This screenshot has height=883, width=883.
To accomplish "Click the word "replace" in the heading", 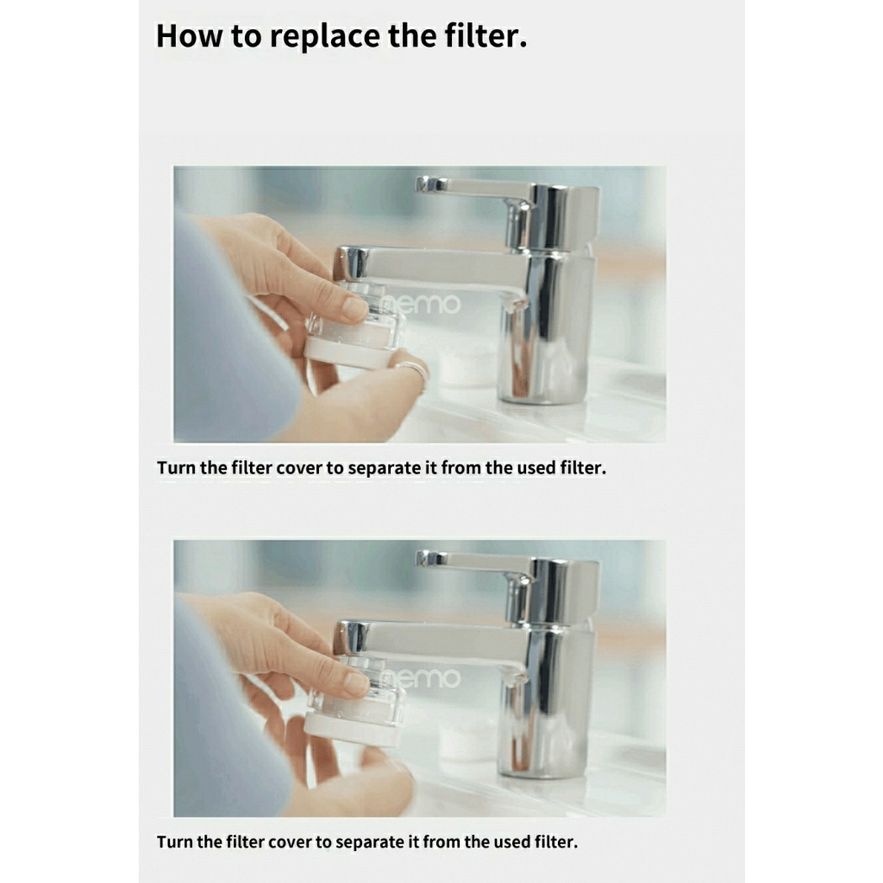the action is click(x=325, y=36).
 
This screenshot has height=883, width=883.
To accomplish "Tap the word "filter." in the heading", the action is click(x=486, y=34).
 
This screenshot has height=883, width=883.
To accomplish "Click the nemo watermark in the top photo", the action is click(x=420, y=304).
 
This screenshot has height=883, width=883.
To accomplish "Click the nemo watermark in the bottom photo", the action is click(x=420, y=678).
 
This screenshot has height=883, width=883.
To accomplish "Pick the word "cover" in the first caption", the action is click(x=301, y=468).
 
